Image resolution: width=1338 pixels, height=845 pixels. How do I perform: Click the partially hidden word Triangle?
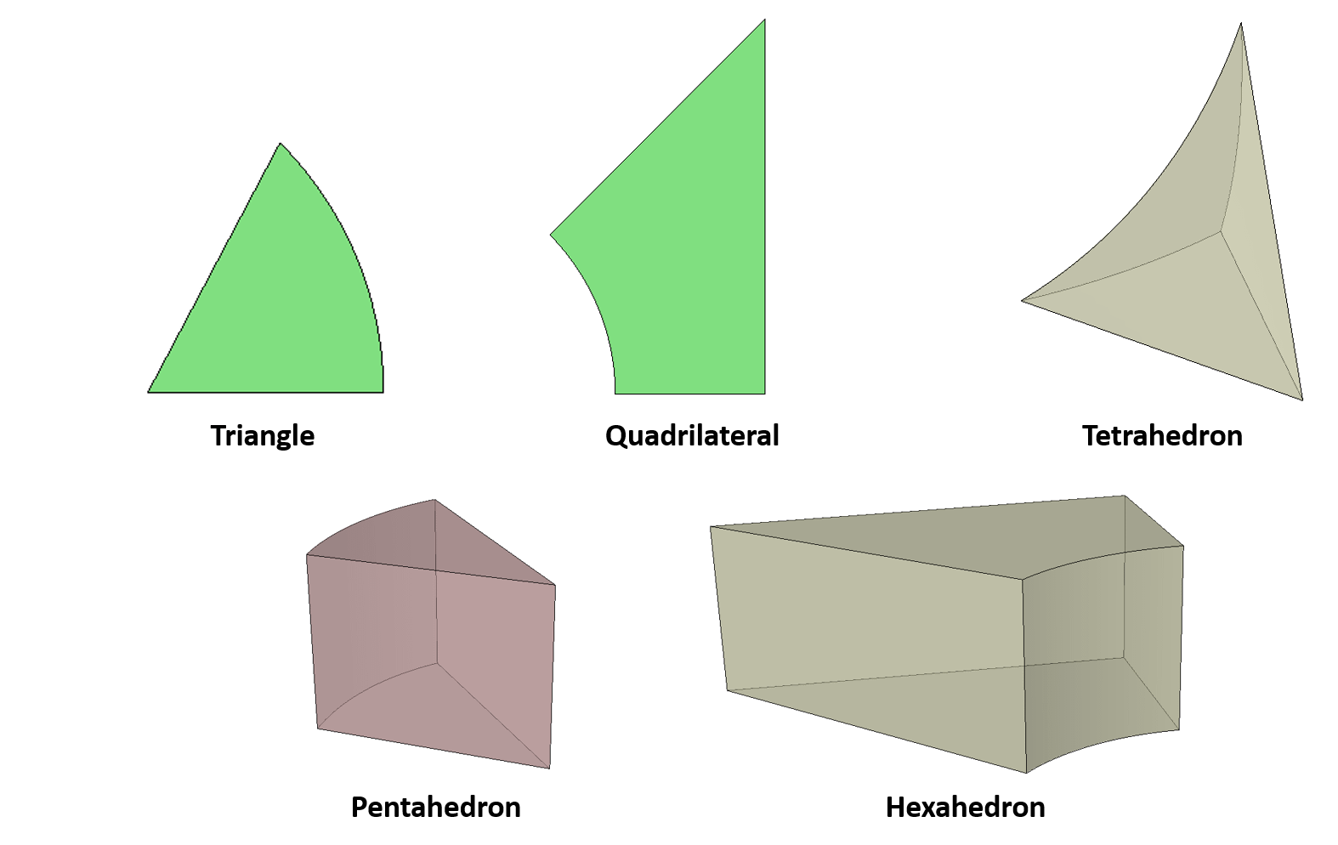(x=263, y=429)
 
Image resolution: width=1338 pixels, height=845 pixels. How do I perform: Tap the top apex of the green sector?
(x=281, y=144)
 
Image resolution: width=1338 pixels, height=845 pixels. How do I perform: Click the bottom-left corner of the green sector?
(x=149, y=392)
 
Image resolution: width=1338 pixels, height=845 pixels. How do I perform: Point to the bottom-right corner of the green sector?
(x=383, y=392)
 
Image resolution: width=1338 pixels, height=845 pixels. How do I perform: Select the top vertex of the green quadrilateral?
(x=764, y=20)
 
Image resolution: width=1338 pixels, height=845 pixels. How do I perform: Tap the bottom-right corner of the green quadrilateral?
(x=764, y=393)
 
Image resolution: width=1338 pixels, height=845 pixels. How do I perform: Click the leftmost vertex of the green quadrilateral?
(x=551, y=235)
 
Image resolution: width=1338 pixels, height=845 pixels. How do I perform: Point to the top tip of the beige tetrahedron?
(x=1241, y=24)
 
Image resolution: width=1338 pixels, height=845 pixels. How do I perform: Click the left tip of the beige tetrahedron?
(x=1023, y=300)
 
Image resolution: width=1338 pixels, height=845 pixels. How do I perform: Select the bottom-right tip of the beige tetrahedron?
(x=1301, y=399)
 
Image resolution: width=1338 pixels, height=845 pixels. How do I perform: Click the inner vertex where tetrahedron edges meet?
(x=1222, y=230)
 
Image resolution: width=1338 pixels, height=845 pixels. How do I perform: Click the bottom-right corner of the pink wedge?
(x=549, y=768)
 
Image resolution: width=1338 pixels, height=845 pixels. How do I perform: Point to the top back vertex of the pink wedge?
(x=434, y=501)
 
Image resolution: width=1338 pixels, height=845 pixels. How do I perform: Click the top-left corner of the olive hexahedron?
(x=711, y=527)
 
